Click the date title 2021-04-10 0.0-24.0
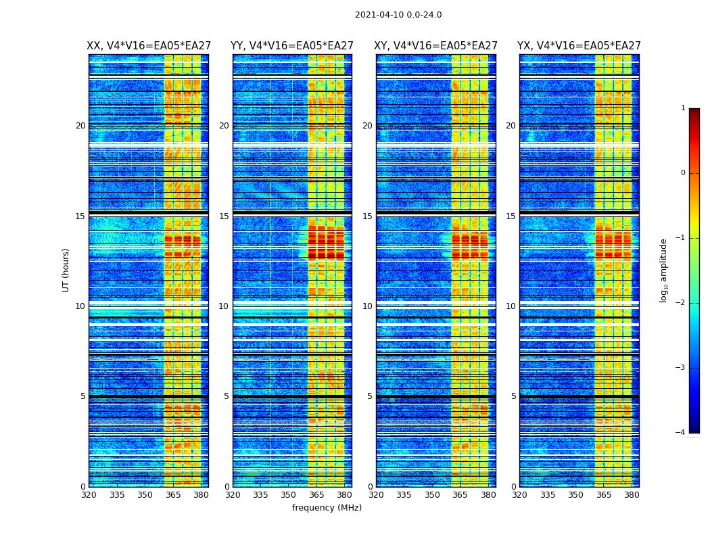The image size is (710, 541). (x=398, y=15)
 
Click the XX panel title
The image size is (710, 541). (x=149, y=46)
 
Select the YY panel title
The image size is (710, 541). (x=292, y=46)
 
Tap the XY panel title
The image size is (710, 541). (x=436, y=46)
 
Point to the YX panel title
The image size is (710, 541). (x=579, y=46)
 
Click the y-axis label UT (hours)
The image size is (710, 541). (x=66, y=270)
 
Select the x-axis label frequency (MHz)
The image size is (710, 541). (x=327, y=508)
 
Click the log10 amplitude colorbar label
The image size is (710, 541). (x=664, y=270)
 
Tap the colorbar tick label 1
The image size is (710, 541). (x=683, y=108)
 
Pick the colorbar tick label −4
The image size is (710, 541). (x=681, y=433)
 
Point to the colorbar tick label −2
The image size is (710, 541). (x=681, y=303)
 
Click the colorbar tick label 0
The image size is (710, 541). (x=683, y=173)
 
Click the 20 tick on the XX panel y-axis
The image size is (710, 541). (x=80, y=126)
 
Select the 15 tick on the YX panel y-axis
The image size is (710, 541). (x=513, y=216)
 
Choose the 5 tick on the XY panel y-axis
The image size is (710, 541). (x=370, y=396)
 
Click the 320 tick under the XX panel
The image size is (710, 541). (x=89, y=495)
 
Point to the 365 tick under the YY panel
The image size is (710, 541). (x=316, y=495)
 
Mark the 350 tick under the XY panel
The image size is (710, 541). (x=432, y=495)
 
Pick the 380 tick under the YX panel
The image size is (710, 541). (x=632, y=495)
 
